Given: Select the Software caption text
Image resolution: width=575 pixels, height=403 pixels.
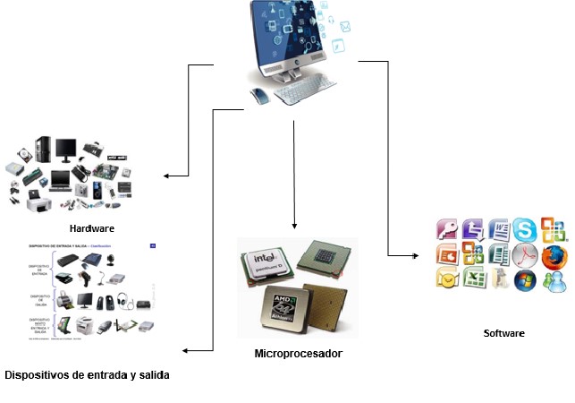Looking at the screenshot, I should point(503,333).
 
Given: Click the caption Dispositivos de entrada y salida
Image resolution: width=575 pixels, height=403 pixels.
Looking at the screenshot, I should point(87,374).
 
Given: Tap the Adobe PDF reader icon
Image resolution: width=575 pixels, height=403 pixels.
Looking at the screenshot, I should point(526,255).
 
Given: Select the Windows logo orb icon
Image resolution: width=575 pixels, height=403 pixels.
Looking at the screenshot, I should point(526,280).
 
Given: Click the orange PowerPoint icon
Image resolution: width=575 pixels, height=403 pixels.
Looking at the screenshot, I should point(446,254).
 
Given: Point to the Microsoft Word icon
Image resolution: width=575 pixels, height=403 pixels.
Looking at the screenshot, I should point(498,229).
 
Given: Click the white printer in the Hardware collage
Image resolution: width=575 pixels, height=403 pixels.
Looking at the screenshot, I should point(38,205).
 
